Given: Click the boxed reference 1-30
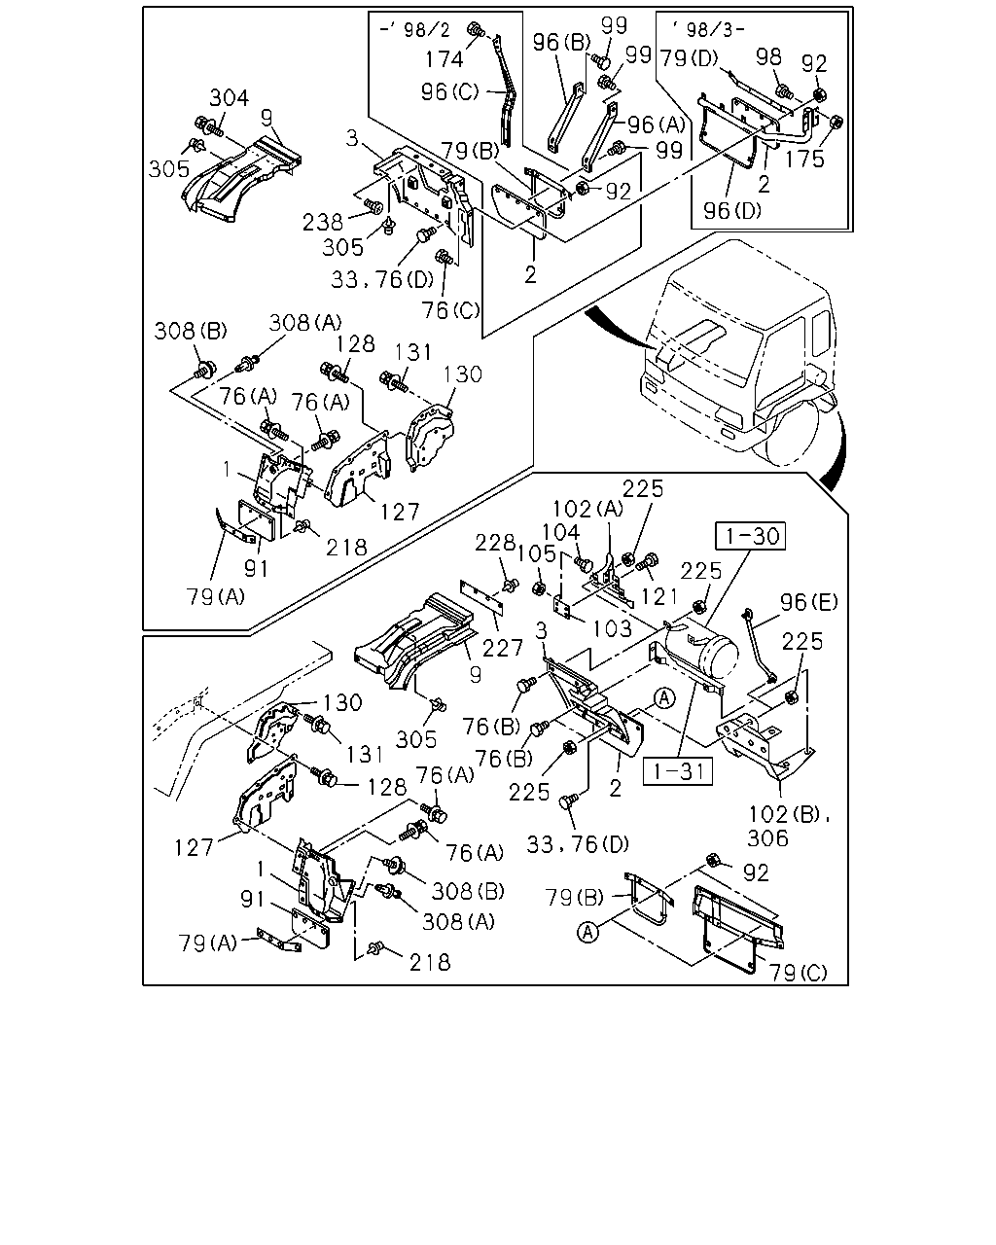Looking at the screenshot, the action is click(x=750, y=536).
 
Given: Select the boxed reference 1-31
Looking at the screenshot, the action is click(x=678, y=771).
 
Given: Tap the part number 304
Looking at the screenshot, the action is click(x=230, y=98).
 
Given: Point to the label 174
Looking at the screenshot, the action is click(x=445, y=59).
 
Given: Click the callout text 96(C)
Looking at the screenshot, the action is click(x=450, y=91).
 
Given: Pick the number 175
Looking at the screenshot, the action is click(x=804, y=159).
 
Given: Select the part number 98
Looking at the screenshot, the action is click(x=769, y=56).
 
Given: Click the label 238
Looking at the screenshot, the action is click(x=323, y=222).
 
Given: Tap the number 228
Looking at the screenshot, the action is click(x=495, y=543).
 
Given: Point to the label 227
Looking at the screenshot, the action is click(x=503, y=649).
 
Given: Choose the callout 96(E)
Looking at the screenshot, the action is click(x=809, y=602).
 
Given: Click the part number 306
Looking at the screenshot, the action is click(x=768, y=838).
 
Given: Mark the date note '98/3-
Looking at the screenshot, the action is click(x=709, y=29).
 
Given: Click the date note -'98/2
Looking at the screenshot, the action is click(x=414, y=29).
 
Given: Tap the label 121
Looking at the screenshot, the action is click(x=659, y=596).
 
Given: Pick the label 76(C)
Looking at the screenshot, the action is click(x=451, y=310).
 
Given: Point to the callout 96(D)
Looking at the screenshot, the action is click(x=732, y=211).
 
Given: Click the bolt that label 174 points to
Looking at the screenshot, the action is click(x=476, y=29).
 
